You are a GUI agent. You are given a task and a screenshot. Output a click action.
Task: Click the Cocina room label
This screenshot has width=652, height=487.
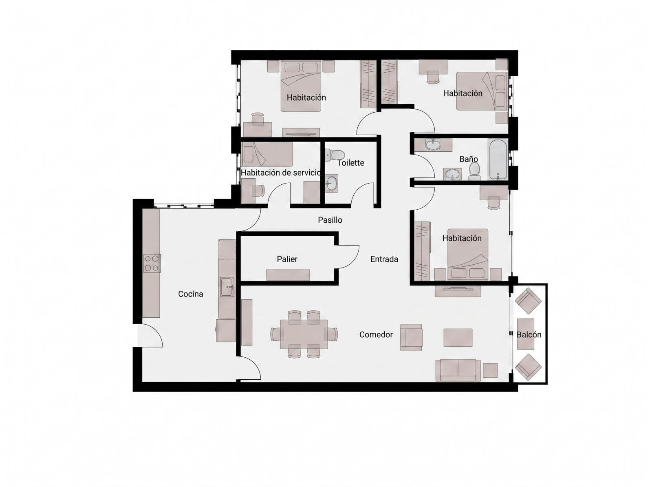(190, 294)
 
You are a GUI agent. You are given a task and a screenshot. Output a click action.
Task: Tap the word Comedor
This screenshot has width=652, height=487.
(376, 334)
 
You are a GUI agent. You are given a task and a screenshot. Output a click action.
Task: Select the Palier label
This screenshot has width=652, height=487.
(287, 259)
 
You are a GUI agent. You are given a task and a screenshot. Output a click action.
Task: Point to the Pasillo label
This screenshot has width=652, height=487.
(330, 220)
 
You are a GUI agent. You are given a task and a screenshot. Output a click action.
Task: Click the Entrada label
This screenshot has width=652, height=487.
(384, 259)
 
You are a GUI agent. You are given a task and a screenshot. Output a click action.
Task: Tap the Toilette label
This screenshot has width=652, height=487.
(350, 163)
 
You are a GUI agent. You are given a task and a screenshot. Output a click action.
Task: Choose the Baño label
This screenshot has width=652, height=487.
(469, 159)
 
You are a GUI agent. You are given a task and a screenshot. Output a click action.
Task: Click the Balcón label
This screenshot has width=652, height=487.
(529, 334)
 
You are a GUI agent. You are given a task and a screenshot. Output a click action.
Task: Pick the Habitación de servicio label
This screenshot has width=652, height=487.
(281, 173)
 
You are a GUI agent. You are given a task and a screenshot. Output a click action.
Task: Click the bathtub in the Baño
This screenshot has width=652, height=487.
(498, 159)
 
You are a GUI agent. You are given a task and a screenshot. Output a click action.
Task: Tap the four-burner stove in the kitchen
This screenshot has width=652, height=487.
(152, 263)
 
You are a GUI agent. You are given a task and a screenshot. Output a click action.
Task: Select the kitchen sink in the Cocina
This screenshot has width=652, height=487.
(227, 287)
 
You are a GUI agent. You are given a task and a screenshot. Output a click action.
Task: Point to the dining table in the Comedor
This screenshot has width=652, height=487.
(304, 334)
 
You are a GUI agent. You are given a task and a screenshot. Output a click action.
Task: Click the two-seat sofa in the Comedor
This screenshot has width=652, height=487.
(458, 370)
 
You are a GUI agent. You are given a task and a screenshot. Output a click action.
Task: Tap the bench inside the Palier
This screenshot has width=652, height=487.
(288, 275)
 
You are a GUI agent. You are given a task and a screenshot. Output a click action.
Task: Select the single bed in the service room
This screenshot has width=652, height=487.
(267, 154)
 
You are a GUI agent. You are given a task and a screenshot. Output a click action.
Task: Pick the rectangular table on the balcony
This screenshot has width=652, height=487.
(525, 334)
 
